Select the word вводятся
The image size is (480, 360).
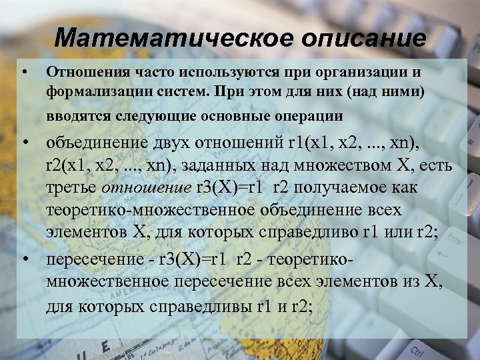[75, 116]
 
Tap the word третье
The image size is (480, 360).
[71, 187]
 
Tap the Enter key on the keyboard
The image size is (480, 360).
[455, 237]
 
